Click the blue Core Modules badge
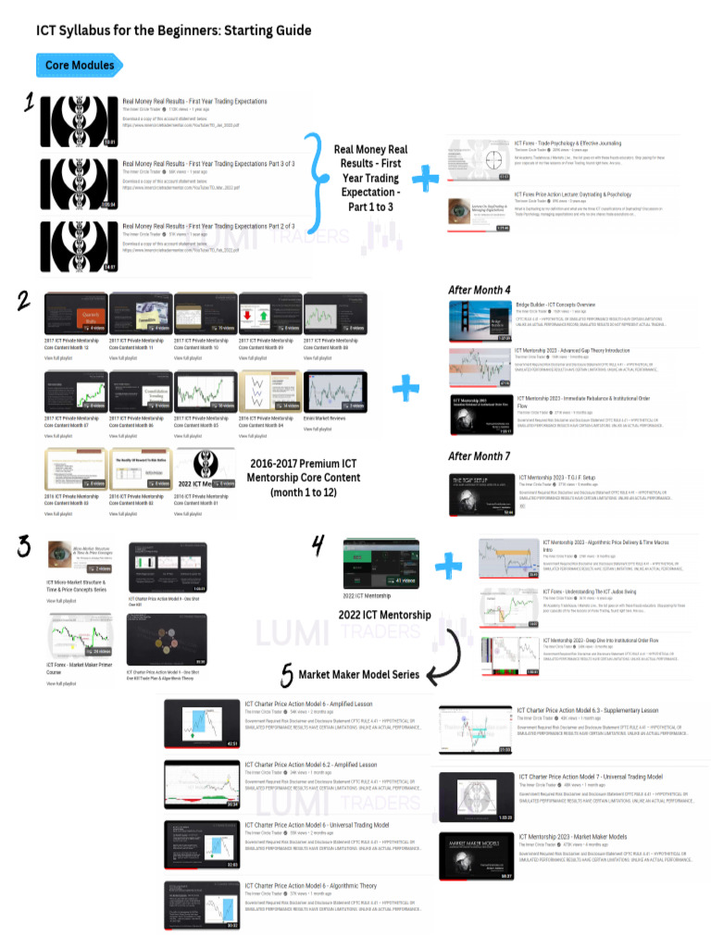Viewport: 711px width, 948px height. [79, 66]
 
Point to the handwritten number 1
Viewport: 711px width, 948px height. [29, 102]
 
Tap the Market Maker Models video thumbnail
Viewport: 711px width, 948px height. [476, 857]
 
